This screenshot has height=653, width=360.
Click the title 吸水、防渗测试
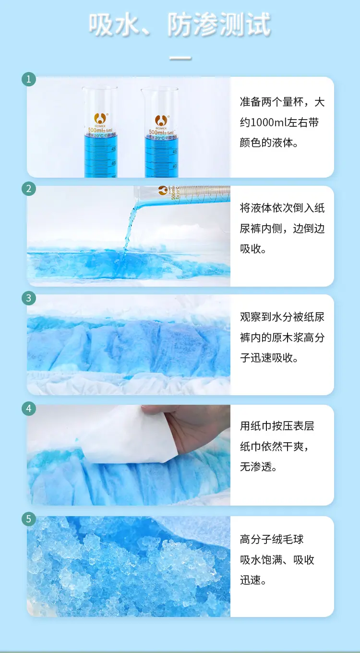tap(180, 25)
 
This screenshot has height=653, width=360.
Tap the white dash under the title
tap(180, 59)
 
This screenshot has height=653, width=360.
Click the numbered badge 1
tap(29, 79)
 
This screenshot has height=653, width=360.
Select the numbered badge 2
tap(29, 189)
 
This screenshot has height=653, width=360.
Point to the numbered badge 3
tap(29, 298)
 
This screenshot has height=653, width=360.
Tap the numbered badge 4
tap(29, 409)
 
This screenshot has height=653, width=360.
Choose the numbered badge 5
tap(29, 519)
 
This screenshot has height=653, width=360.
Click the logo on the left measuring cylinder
tap(100, 118)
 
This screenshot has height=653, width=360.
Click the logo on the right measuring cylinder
tap(160, 119)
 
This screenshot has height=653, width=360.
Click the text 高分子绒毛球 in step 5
tap(272, 539)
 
